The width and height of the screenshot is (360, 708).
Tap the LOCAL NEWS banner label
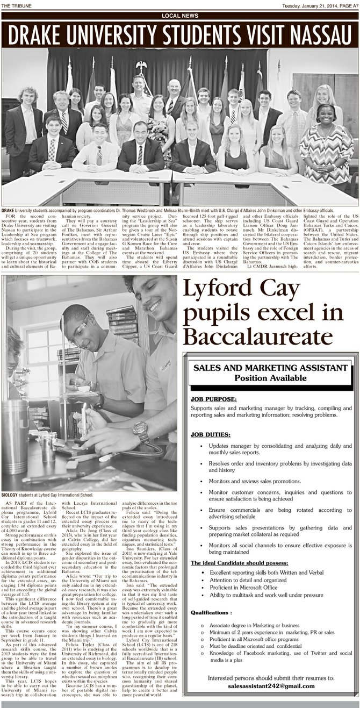pos(180,16)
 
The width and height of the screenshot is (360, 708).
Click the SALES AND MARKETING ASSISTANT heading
pos(270,368)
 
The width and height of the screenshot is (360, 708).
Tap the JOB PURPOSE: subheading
pos(213,399)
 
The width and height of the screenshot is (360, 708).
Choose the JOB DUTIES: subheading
pos(211,434)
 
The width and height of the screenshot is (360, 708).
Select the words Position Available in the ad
pos(270,378)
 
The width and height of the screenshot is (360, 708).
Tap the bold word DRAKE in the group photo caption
pos(8,210)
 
